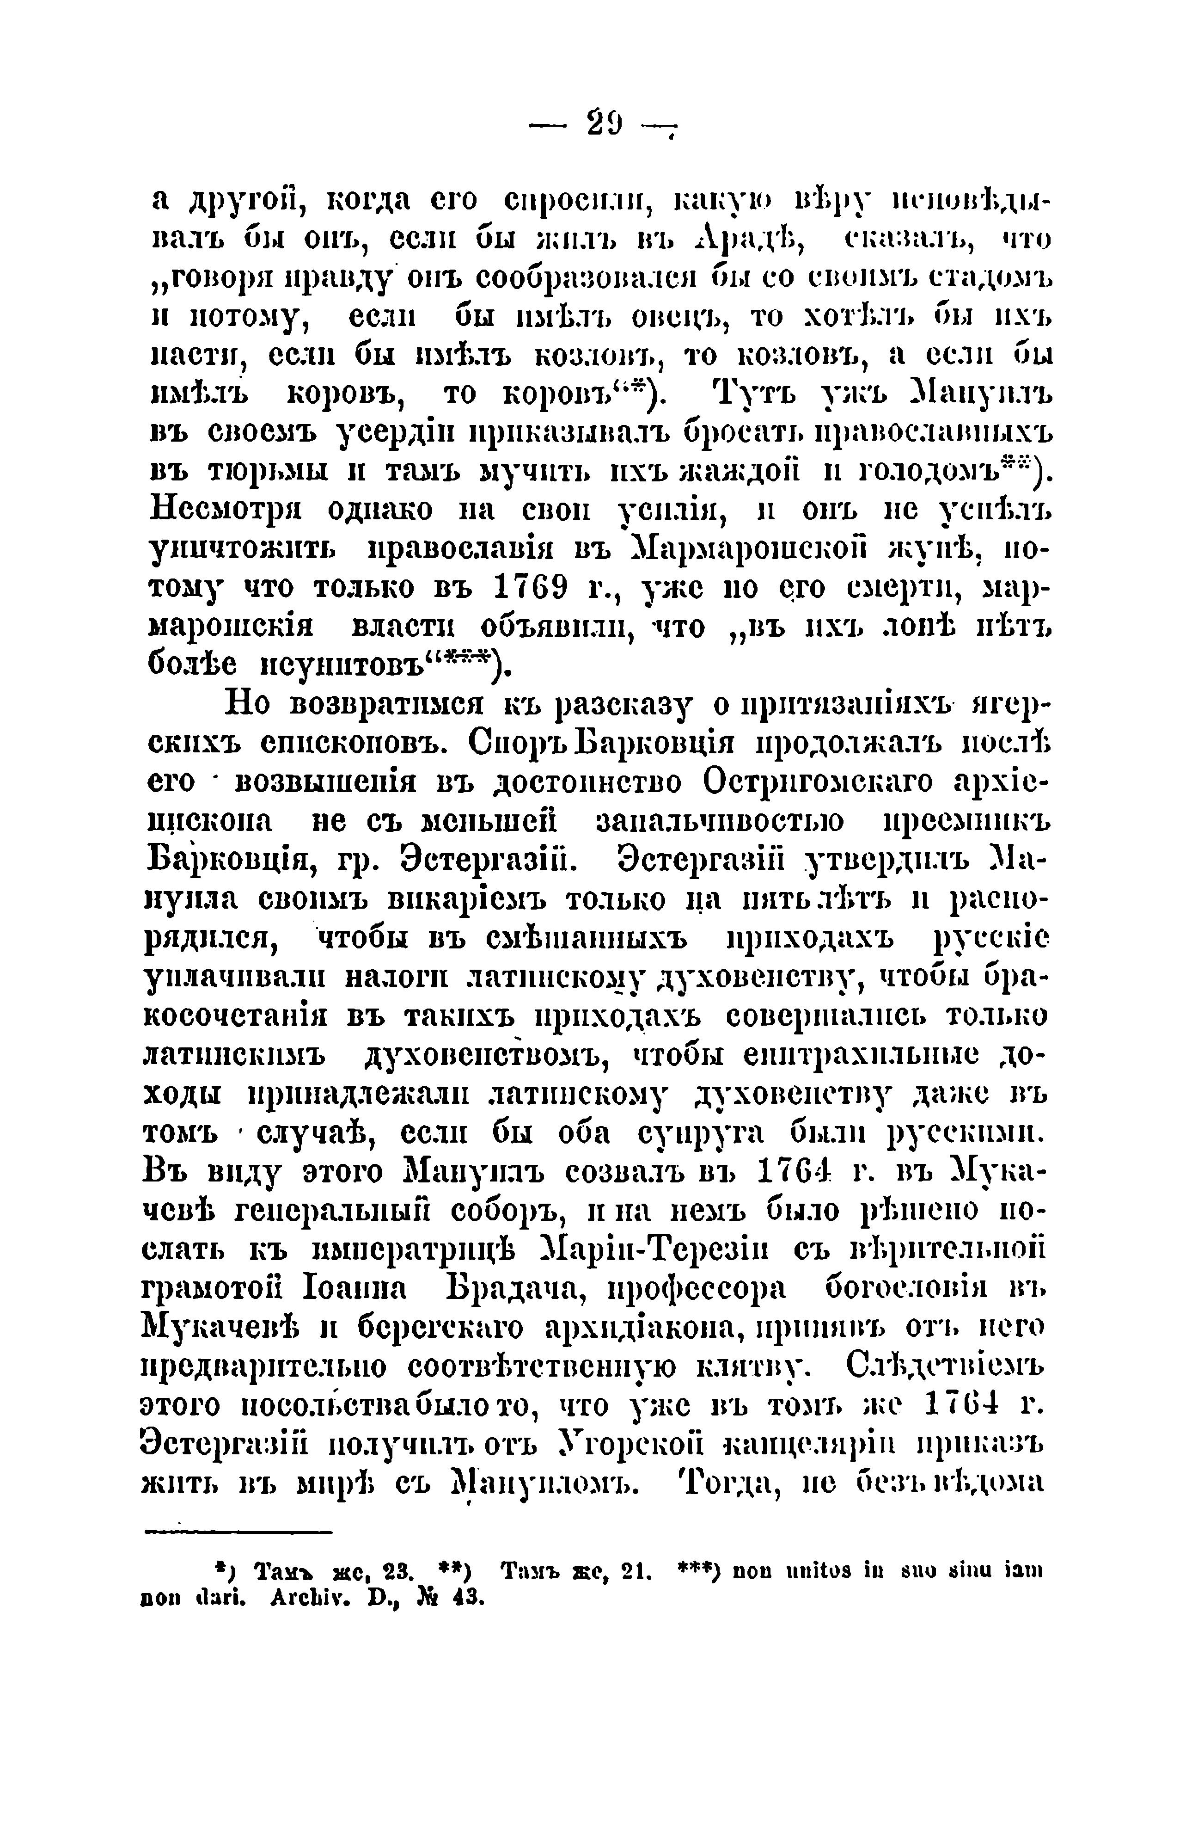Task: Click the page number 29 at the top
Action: pyautogui.click(x=604, y=124)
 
